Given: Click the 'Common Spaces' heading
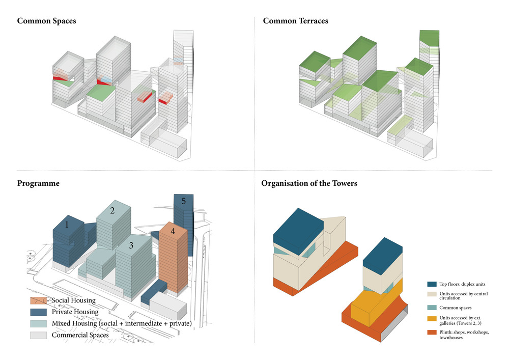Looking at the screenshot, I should (x=47, y=21).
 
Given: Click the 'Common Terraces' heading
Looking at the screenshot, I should (x=295, y=21).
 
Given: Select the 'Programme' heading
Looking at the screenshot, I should (x=38, y=183).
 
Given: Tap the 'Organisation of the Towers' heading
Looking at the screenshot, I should (x=309, y=183).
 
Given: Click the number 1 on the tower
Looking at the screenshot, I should (x=67, y=225).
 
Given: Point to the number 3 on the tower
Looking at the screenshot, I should (x=131, y=245).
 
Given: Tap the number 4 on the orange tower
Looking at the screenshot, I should (x=173, y=232).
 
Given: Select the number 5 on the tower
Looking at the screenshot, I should (x=183, y=201).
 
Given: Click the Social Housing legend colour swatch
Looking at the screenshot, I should (x=39, y=301).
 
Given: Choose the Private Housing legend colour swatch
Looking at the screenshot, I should (x=39, y=312).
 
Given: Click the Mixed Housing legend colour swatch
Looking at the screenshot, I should (x=39, y=324).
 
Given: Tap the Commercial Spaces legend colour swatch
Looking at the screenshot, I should (x=39, y=335).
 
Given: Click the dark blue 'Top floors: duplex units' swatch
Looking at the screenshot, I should (x=431, y=284).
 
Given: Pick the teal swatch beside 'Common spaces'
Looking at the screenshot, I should (x=431, y=308).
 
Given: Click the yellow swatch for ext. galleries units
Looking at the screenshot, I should (x=431, y=319).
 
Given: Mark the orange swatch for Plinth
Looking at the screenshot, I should (x=431, y=332).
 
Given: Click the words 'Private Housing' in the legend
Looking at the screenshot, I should (x=75, y=312).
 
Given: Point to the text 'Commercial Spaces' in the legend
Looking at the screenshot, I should (x=80, y=335).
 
